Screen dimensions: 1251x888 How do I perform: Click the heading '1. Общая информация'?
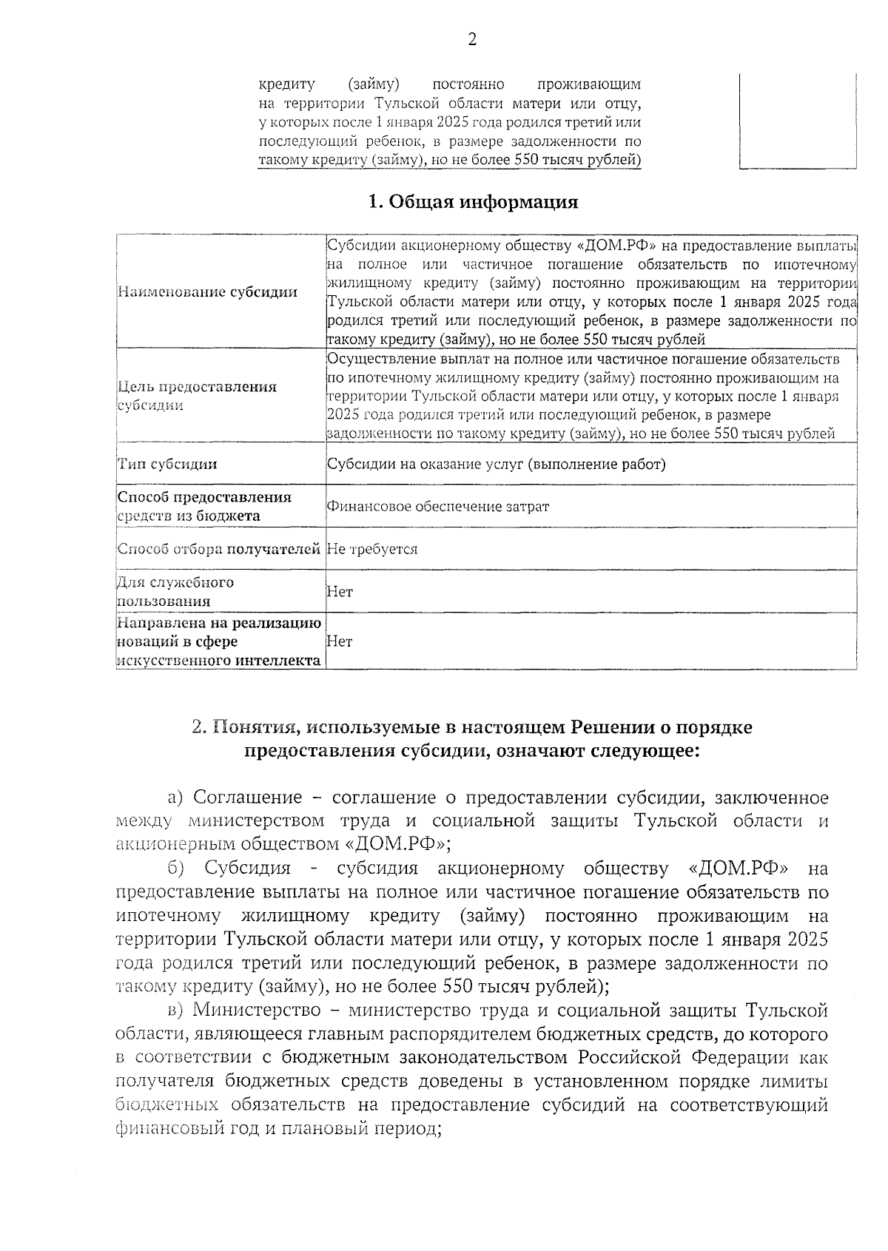pos(473,202)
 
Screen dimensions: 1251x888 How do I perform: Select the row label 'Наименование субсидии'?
pos(207,292)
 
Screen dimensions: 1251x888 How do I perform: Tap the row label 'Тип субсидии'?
pos(168,465)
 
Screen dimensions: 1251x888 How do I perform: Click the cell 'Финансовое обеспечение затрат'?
pos(438,507)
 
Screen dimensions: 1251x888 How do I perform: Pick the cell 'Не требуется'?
pos(372,549)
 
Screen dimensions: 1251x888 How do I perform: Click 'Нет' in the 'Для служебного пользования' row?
pos(340,592)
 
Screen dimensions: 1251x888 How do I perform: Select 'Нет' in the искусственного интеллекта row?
pos(340,641)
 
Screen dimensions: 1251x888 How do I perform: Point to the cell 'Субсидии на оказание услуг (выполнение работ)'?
pos(497,465)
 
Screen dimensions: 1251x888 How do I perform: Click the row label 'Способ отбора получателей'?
pos(218,549)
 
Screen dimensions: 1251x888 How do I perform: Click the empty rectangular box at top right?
pos(798,122)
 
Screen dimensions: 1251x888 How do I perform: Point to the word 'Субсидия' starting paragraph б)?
pos(248,868)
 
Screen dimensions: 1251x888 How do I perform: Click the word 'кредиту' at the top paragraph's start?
pos(287,84)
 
